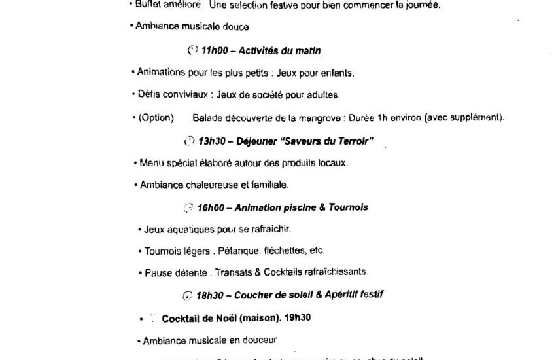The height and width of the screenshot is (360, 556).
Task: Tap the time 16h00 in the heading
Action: pyautogui.click(x=211, y=207)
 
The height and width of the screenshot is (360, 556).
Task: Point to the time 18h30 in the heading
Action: pyautogui.click(x=210, y=295)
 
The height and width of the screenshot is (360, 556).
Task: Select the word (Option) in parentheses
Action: pyautogui.click(x=156, y=118)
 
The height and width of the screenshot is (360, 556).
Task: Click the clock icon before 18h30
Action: pyautogui.click(x=188, y=295)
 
